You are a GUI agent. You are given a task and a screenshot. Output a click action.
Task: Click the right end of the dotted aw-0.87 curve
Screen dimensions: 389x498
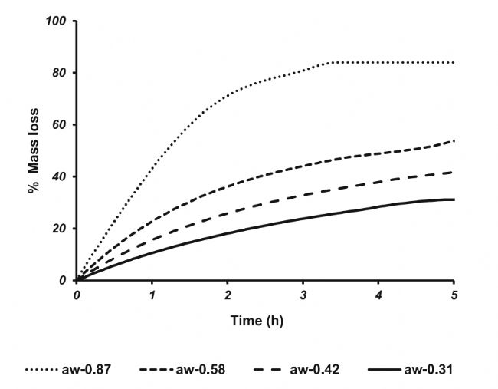tap(454, 62)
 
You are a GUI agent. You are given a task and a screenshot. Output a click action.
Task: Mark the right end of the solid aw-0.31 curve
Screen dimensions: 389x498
tap(454, 199)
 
